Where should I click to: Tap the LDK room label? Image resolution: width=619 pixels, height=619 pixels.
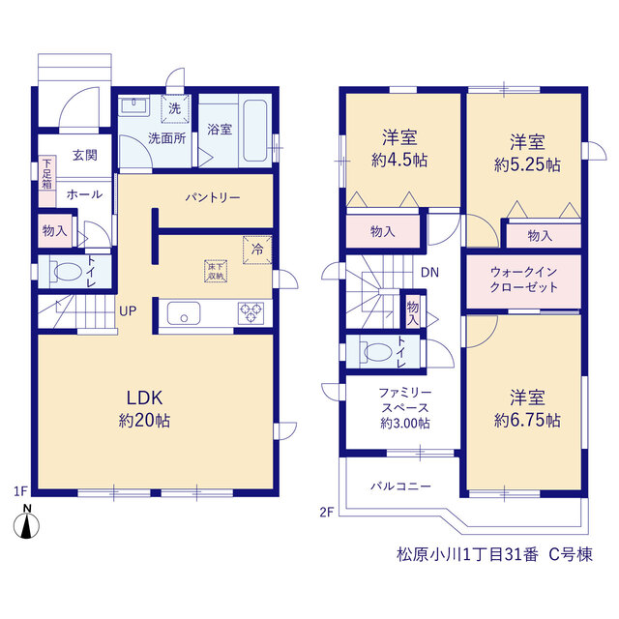coord(144,398)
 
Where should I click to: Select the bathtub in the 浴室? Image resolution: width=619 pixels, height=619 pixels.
coord(255,131)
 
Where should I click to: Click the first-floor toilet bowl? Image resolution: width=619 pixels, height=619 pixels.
coord(68,272)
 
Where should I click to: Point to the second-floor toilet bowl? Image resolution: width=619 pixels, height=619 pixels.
coord(378,352)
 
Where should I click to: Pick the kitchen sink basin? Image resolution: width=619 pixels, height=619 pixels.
coord(184,313)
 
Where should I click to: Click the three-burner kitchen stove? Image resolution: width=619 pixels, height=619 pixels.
coord(251,313)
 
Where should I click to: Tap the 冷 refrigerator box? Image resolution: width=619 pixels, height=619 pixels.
coord(257,250)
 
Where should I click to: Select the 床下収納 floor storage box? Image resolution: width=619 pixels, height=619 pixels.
coord(216,271)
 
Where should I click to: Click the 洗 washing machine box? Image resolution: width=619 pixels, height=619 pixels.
coord(175,108)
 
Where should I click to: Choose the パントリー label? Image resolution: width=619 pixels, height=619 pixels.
coord(213,197)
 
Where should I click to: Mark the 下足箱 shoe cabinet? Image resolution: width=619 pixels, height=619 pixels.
coord(47,181)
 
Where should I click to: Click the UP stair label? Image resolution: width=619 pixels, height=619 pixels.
coord(128,311)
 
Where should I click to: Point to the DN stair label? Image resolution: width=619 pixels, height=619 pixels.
coord(429,273)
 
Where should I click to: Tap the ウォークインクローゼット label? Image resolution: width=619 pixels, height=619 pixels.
coord(524,280)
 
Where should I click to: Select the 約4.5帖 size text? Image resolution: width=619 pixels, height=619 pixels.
coord(399,161)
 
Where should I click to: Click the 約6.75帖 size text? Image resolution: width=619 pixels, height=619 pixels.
coord(527,421)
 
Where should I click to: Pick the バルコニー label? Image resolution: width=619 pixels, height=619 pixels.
coord(400,486)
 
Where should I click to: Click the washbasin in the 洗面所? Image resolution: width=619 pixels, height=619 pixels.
coord(133,105)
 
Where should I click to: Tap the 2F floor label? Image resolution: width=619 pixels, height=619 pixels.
coord(327,513)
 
